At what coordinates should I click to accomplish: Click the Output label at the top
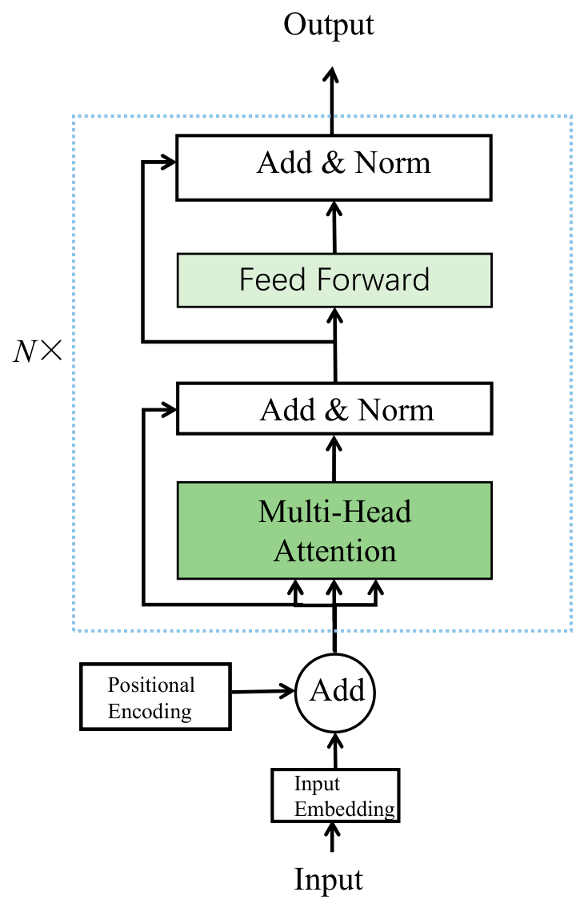pos(328,26)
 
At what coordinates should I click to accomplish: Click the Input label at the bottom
pos(328,880)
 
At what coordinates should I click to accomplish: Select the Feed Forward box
pos(334,280)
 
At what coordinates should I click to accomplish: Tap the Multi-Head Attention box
pos(334,530)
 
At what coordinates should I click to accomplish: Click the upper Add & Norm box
pos(334,168)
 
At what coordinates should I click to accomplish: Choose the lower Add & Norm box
pos(334,408)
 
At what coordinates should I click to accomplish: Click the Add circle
pos(335,693)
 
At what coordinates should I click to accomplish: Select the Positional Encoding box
pos(155,697)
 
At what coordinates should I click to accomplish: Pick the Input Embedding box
pos(336,796)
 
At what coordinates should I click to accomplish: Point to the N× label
pos(38,352)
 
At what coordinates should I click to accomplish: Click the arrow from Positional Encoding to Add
pos(263,691)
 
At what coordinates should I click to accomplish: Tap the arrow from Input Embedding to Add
pos(335,750)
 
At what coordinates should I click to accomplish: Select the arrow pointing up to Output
pos(332,102)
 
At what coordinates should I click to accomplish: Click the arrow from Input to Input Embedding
pos(332,837)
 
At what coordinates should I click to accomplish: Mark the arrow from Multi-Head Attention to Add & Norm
pos(334,458)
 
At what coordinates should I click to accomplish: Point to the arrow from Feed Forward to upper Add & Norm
pos(334,227)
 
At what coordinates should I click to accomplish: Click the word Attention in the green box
pos(335,551)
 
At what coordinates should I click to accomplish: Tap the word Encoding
pos(150,712)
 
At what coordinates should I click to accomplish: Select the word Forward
pos(374,280)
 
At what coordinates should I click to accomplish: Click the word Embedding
pos(345,810)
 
